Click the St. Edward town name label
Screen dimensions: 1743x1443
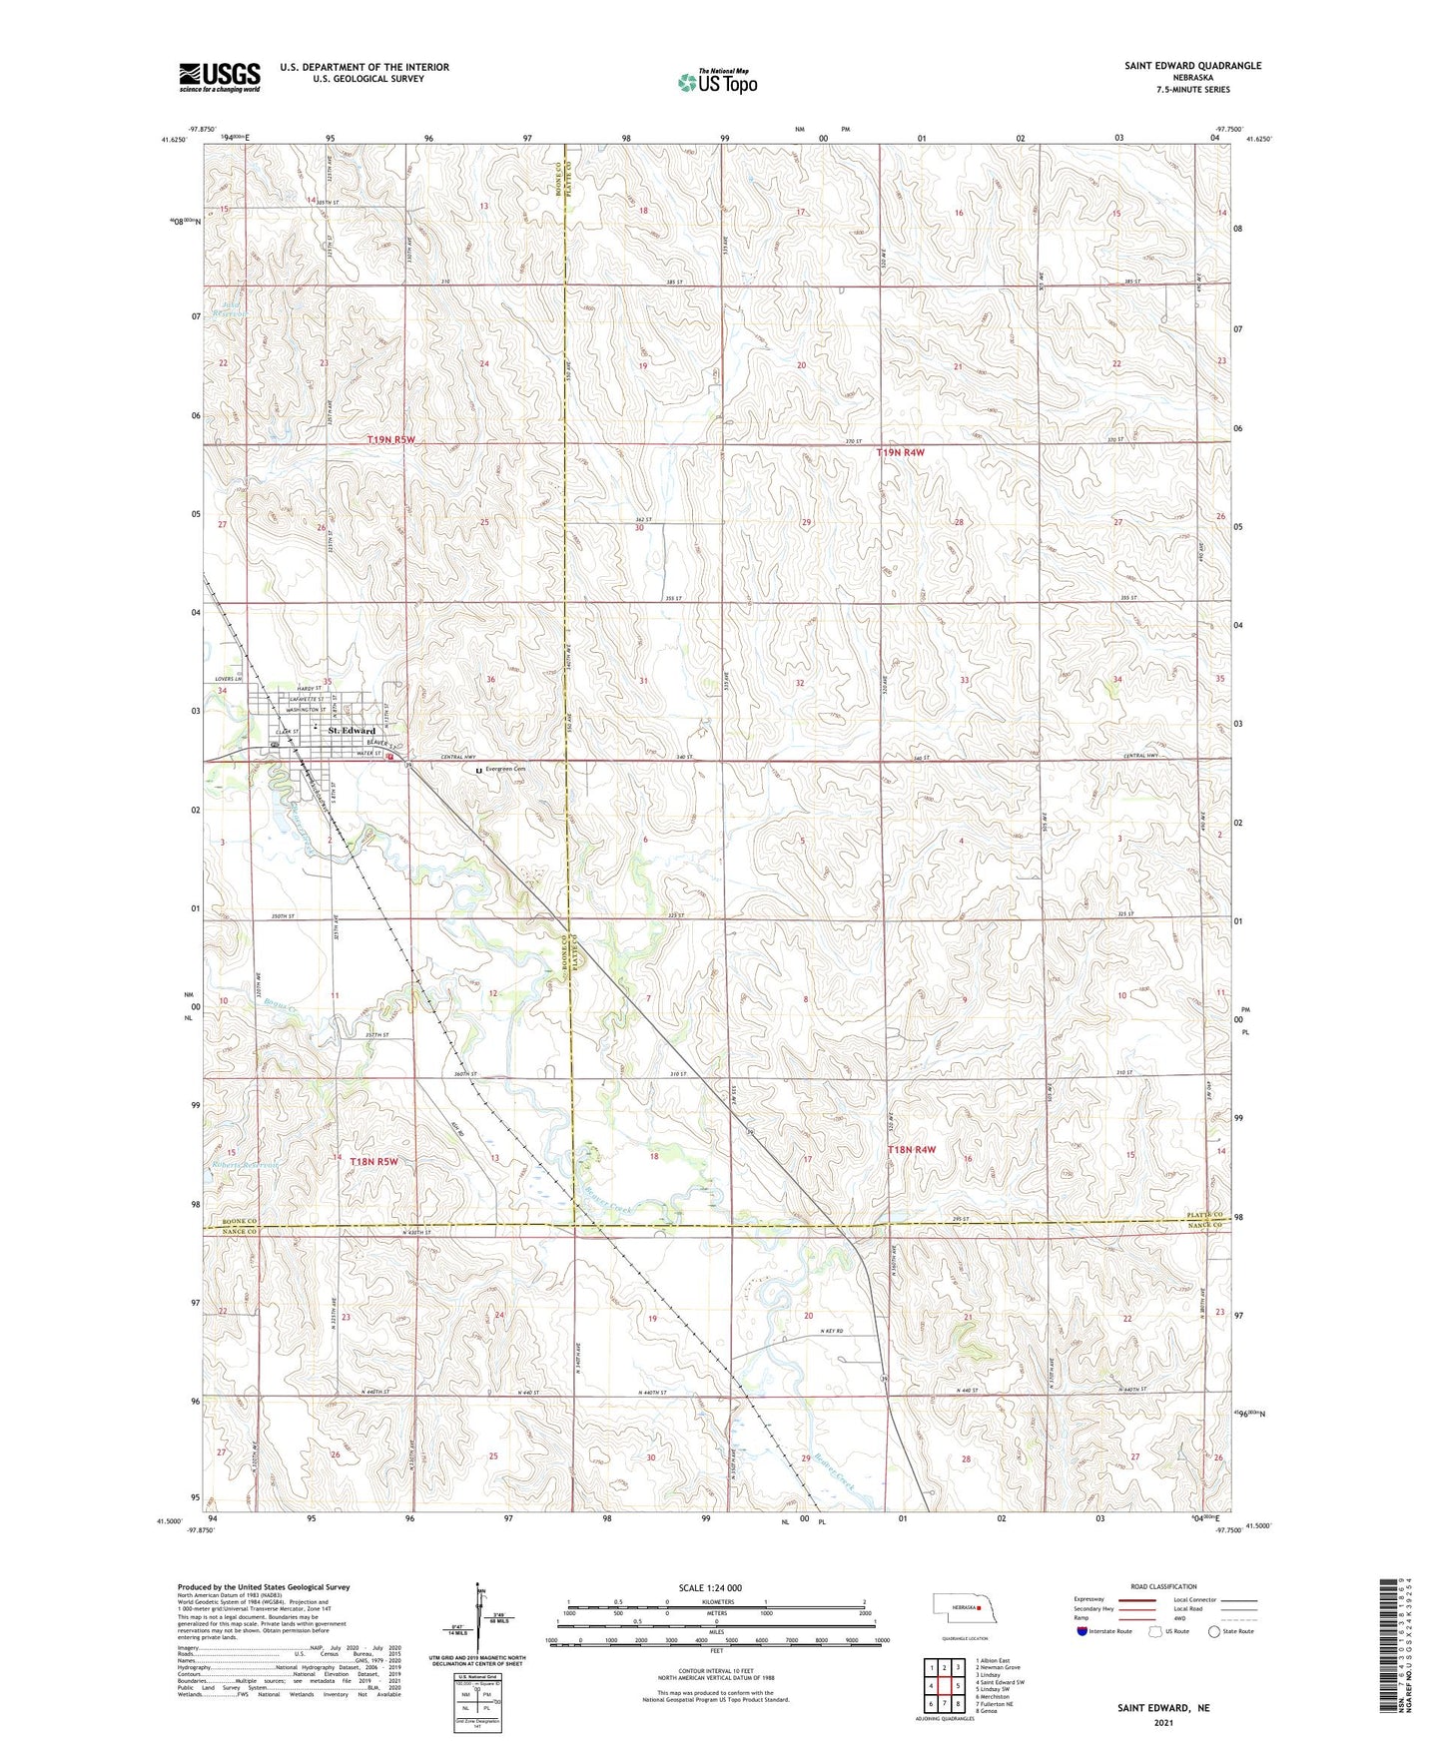pyautogui.click(x=352, y=732)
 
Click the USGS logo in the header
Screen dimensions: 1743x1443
pyautogui.click(x=220, y=76)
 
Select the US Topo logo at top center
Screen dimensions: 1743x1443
pyautogui.click(x=716, y=82)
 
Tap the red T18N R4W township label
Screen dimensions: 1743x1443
pyautogui.click(x=911, y=1150)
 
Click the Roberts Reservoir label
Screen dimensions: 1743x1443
pyautogui.click(x=245, y=1164)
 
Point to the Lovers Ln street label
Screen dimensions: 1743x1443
pyautogui.click(x=229, y=680)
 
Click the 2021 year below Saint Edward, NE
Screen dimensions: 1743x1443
pyautogui.click(x=1163, y=1723)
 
